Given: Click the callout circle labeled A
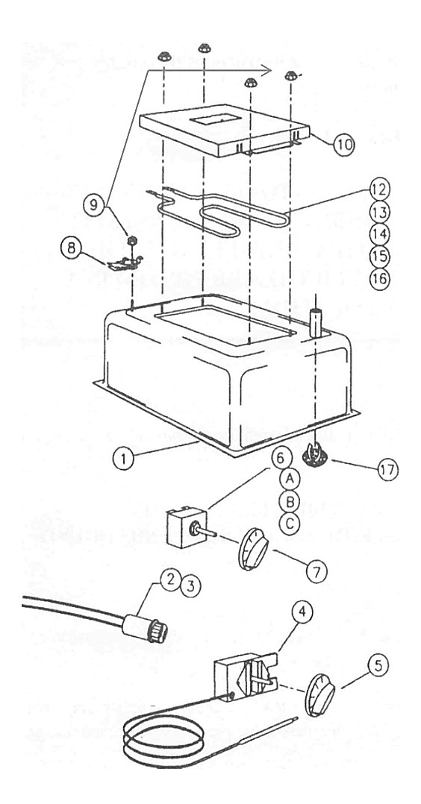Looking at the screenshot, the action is [290, 479].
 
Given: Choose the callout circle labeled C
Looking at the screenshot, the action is [290, 524].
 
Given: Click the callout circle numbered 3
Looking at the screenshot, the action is [192, 584].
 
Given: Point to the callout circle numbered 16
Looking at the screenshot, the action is [379, 278].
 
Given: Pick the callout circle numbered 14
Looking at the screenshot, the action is [379, 234].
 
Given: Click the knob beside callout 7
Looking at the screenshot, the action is [253, 550].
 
